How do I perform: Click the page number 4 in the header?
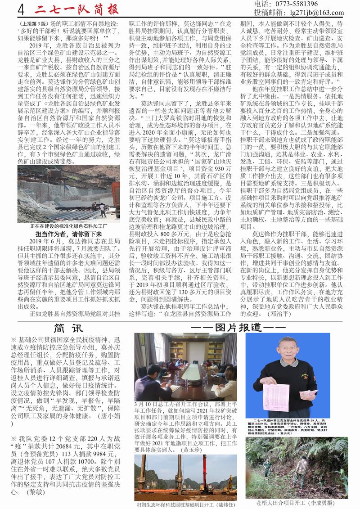(x=20, y=9)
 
